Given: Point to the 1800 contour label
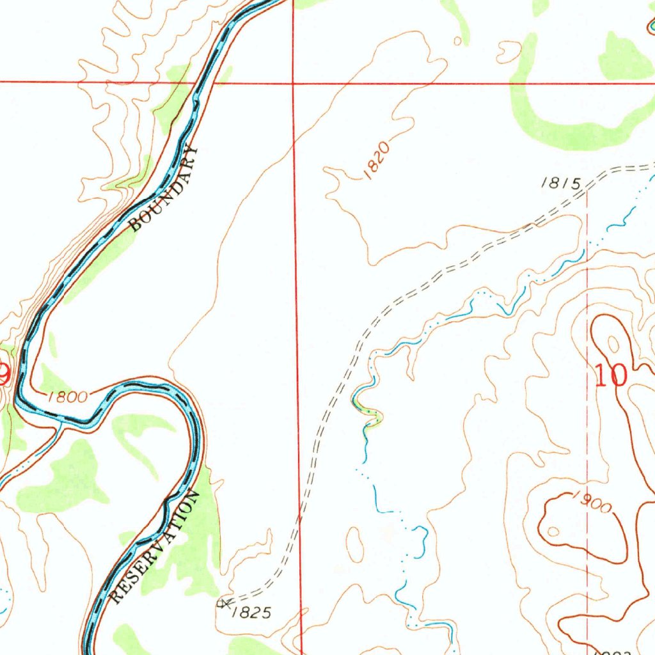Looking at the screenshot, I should [67, 397].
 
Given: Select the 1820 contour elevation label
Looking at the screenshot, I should [375, 161].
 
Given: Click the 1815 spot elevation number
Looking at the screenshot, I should [560, 184].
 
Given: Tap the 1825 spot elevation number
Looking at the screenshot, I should [251, 613].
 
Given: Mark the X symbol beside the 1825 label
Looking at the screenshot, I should [223, 603].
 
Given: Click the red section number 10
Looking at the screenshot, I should [611, 375].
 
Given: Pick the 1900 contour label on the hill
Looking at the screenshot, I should [592, 503].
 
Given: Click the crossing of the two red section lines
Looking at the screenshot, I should [293, 83].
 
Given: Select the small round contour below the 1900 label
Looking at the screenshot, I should [554, 531].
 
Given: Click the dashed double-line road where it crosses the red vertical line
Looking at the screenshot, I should [299, 512].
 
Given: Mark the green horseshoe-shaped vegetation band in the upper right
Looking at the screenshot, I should [563, 122].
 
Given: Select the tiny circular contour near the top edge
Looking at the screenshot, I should [457, 41].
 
